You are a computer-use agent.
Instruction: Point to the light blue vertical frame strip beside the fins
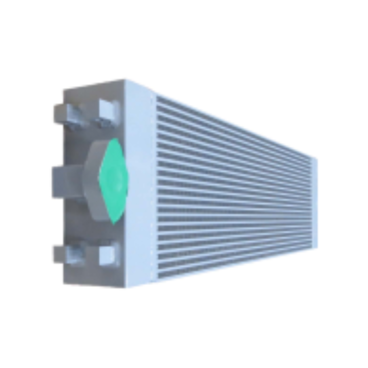pos(140,184)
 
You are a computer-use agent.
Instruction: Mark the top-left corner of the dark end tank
pos(64,90)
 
